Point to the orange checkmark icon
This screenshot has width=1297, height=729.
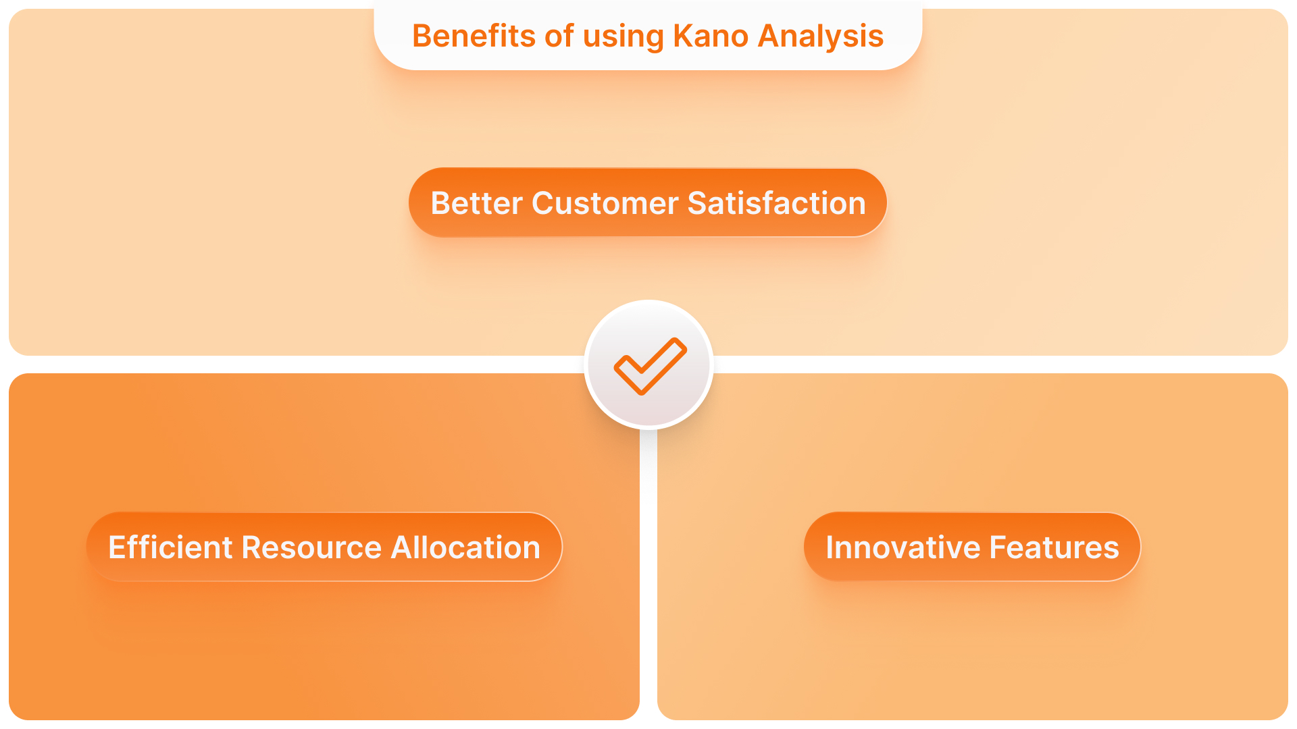[649, 365]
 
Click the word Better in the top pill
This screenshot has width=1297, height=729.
[476, 203]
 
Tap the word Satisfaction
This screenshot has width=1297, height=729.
[776, 203]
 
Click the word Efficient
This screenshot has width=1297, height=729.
[170, 547]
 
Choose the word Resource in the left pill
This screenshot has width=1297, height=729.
[311, 547]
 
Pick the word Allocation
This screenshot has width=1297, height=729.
[465, 547]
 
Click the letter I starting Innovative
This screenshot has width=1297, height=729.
[830, 547]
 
